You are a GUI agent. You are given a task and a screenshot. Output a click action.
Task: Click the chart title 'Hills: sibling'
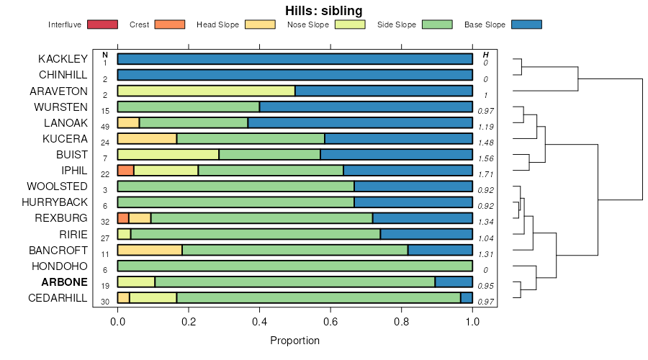coord(323,10)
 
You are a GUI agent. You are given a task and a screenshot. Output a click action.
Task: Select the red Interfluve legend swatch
coord(102,24)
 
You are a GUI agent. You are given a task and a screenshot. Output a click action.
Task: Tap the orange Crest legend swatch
coord(170,24)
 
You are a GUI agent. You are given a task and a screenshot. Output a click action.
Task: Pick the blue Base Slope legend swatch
coord(526,24)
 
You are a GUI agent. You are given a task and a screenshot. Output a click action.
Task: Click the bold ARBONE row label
coord(65,282)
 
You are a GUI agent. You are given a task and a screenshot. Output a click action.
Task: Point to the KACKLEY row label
coord(63,59)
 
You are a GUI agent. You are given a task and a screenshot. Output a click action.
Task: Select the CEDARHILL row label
coord(58,298)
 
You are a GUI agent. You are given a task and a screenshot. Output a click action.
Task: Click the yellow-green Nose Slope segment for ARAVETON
coord(206,91)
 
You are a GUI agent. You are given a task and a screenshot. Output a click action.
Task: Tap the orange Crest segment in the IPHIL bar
coord(125,171)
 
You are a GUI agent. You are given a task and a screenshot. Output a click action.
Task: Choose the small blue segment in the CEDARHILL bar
coord(467,298)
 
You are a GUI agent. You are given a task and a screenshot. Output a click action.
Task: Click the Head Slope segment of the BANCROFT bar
coord(150,250)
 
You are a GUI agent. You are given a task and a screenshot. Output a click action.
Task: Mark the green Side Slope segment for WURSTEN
coord(189,107)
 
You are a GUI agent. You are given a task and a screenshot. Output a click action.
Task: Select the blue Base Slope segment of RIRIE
coord(426,234)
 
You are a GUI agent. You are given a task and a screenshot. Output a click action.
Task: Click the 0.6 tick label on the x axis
coord(330,322)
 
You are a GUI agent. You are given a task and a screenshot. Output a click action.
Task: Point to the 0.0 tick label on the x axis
coord(118,322)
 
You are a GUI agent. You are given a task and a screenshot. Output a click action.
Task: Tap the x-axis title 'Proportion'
coord(294,341)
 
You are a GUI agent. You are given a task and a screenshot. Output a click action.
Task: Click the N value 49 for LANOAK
coord(105,127)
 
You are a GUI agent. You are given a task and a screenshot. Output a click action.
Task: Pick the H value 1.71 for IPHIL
coord(485,174)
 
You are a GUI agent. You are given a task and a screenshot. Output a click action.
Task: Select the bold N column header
coord(105,55)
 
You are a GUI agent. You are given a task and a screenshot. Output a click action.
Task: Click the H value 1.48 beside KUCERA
coord(485,143)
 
